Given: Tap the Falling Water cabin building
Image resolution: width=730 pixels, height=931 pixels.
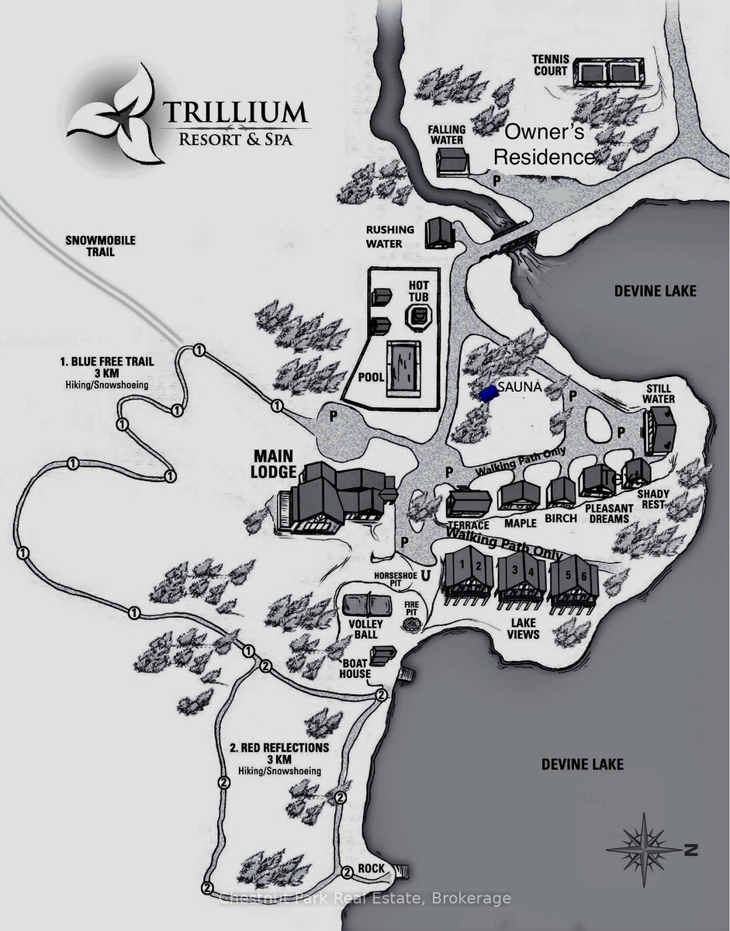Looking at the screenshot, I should tap(451, 161).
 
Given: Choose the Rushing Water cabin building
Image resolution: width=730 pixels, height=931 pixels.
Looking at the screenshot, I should tap(440, 232).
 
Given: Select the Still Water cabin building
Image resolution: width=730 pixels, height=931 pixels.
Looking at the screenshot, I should tap(660, 428).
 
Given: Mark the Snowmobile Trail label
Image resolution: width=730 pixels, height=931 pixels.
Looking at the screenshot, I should tap(101, 246).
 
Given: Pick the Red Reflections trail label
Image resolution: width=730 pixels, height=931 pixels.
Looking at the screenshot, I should tap(279, 753).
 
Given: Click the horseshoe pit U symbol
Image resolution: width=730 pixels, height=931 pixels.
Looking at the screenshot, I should tap(424, 576).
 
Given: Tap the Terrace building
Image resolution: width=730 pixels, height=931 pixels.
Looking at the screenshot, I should tap(469, 504).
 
